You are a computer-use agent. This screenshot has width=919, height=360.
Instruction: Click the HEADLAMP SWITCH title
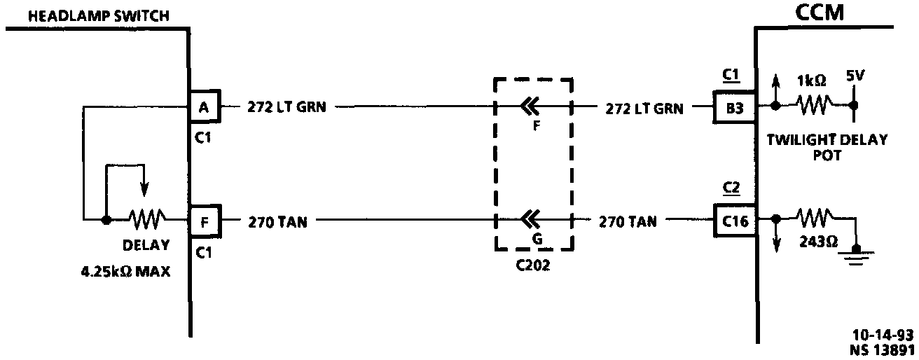pos(89,15)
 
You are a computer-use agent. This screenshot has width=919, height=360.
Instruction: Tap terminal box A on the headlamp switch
pos(205,107)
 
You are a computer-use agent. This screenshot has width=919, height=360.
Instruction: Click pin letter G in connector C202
pos(538,238)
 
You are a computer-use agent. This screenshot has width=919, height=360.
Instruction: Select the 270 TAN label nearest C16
pos(628,222)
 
